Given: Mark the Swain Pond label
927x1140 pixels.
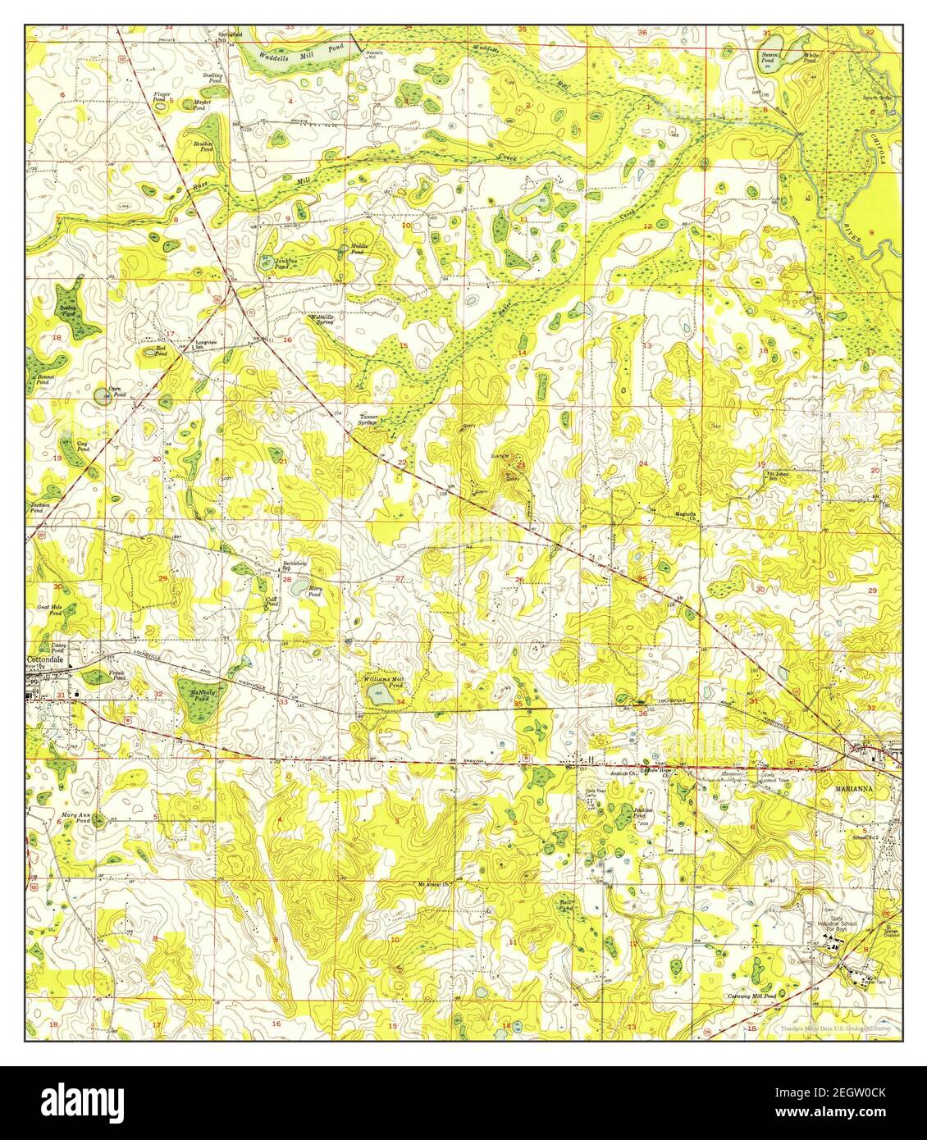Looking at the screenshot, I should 769,58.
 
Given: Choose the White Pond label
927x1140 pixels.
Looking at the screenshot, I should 809,58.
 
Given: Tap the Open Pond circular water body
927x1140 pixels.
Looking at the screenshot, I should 102,397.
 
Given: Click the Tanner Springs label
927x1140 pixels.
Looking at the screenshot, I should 367,420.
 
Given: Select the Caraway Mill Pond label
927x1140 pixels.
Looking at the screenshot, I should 751,995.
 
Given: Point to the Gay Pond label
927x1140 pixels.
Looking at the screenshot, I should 82,446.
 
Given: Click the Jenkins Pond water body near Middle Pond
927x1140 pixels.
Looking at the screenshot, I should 267,261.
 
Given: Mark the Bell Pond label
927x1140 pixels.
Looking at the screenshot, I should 565,905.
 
